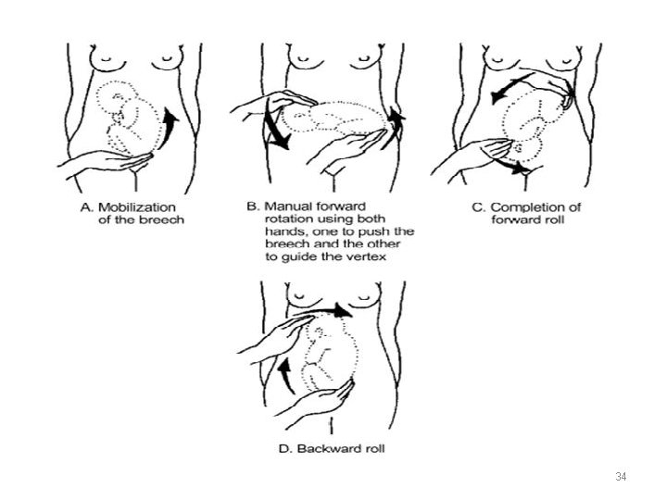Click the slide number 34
621,478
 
